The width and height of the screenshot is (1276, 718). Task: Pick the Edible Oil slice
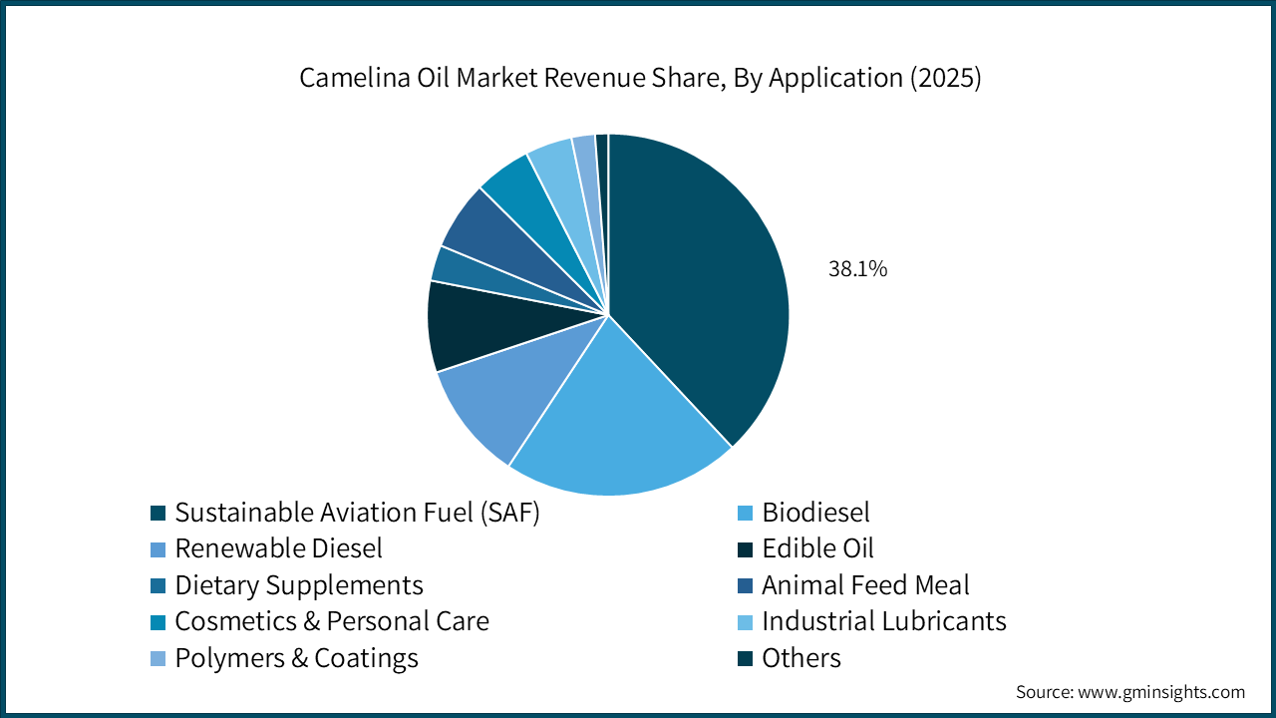464,324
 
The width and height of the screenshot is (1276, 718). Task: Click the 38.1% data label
857,268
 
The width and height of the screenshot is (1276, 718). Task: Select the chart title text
640,80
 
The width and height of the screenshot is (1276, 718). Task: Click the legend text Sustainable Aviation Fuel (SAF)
357,513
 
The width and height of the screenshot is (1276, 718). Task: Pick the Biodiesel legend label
815,513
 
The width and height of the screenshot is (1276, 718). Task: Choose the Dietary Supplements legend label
299,585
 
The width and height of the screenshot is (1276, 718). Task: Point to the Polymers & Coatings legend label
296,658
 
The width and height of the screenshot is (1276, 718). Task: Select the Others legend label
801,658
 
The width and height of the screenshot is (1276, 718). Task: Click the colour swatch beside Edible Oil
745,549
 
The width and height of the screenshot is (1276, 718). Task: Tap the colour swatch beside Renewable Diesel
158,549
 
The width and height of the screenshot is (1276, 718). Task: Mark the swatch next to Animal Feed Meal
745,585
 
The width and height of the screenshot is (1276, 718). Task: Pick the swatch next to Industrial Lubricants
745,622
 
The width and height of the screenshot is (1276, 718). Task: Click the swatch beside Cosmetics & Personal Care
158,622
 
